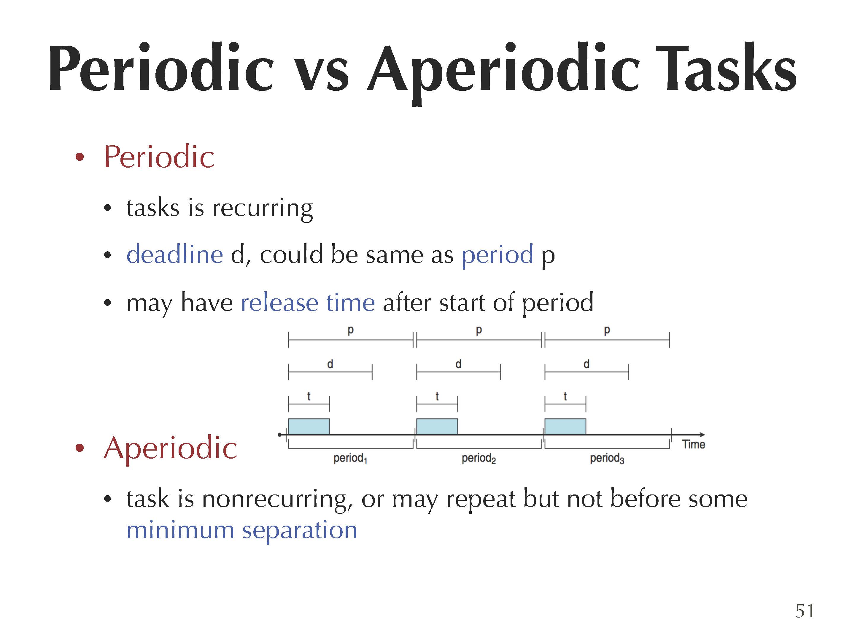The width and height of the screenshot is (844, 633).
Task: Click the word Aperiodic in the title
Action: [x=503, y=72]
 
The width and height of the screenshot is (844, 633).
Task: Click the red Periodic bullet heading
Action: [x=159, y=157]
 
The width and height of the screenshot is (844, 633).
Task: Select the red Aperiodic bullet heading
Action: [x=170, y=448]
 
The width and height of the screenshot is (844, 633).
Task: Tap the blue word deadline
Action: [x=175, y=254]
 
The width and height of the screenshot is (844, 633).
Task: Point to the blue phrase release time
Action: [x=308, y=303]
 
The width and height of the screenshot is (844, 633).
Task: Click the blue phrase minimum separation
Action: [x=242, y=530]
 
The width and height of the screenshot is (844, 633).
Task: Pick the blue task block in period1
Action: [x=309, y=427]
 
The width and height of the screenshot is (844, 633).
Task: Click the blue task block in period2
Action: [x=437, y=427]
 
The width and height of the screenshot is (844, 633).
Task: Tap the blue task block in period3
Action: [x=565, y=427]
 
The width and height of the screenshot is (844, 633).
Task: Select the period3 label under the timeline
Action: [x=607, y=458]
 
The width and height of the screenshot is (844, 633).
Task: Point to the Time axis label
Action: [x=694, y=445]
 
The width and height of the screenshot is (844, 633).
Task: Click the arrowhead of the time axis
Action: [x=703, y=435]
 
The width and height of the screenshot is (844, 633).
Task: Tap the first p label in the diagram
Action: [x=351, y=330]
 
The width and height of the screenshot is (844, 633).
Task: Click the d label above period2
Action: [x=458, y=364]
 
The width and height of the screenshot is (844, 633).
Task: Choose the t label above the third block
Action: [x=565, y=396]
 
